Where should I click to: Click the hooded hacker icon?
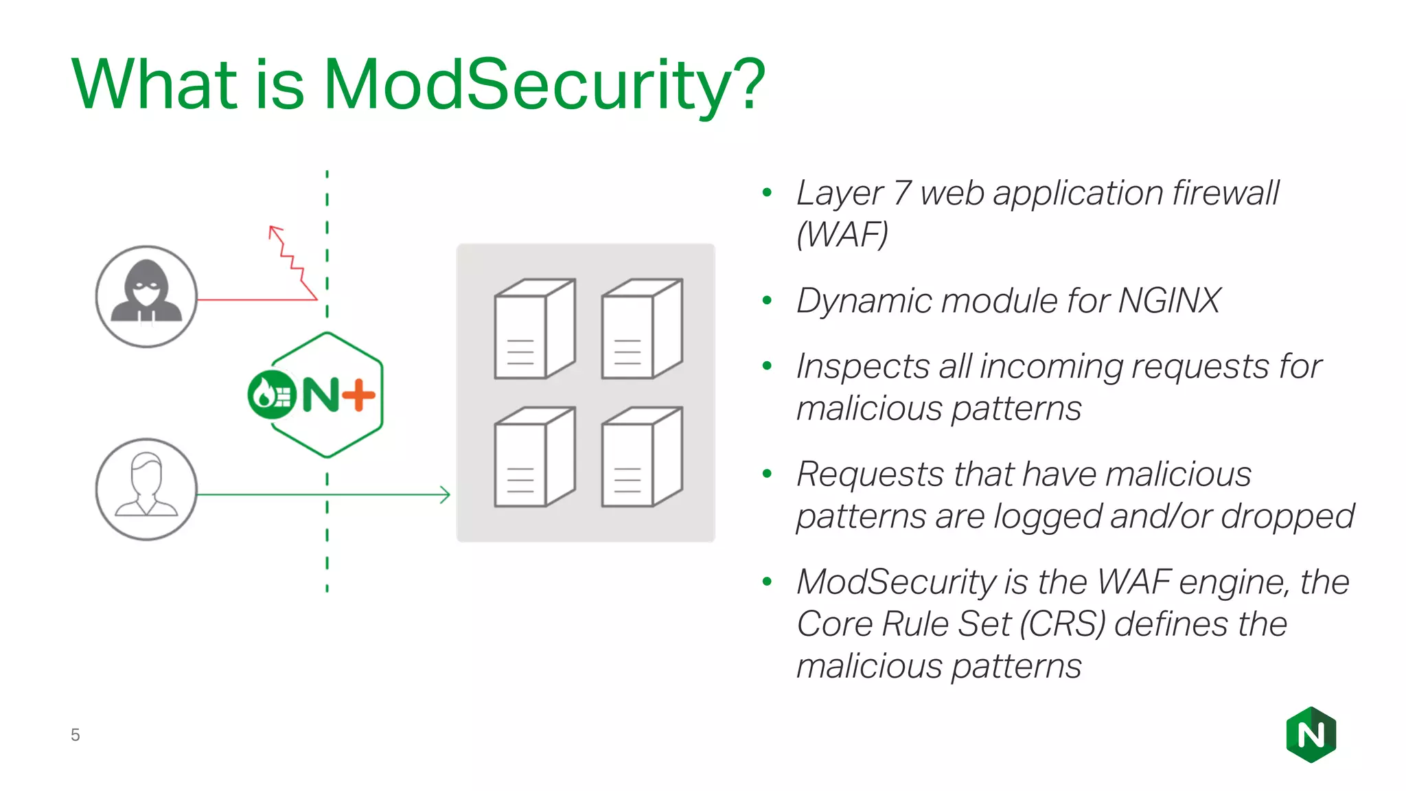pyautogui.click(x=146, y=296)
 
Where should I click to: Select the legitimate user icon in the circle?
pyautogui.click(x=146, y=489)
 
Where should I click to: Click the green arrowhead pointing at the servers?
pyautogui.click(x=446, y=494)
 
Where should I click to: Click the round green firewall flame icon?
pyautogui.click(x=271, y=394)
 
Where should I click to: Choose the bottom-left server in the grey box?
pyautogui.click(x=534, y=457)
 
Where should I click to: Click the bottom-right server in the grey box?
pyautogui.click(x=641, y=457)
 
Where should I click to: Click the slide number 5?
pyautogui.click(x=76, y=735)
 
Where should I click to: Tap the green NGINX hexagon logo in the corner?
pyautogui.click(x=1311, y=735)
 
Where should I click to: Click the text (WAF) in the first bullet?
pyautogui.click(x=842, y=235)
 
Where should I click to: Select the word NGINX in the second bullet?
pyautogui.click(x=1169, y=301)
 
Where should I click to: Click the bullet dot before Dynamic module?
pyautogui.click(x=768, y=301)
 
